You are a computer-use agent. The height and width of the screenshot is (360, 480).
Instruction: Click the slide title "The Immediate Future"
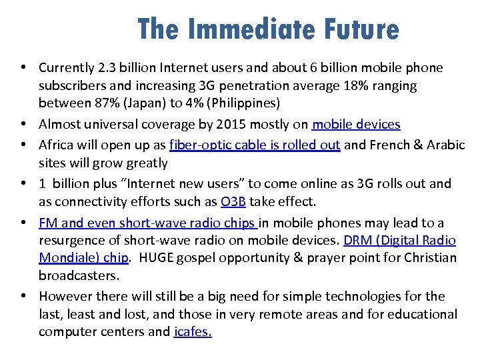[x=268, y=29]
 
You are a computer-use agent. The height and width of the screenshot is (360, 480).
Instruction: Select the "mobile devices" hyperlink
[x=357, y=125]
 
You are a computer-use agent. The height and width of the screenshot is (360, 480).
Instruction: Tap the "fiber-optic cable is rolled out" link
[x=255, y=145]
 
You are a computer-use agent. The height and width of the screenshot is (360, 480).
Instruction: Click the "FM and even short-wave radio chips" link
[x=147, y=223]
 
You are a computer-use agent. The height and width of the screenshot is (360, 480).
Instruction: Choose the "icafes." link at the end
[x=193, y=332]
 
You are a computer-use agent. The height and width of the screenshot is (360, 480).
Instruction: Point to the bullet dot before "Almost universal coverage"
[x=23, y=125]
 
